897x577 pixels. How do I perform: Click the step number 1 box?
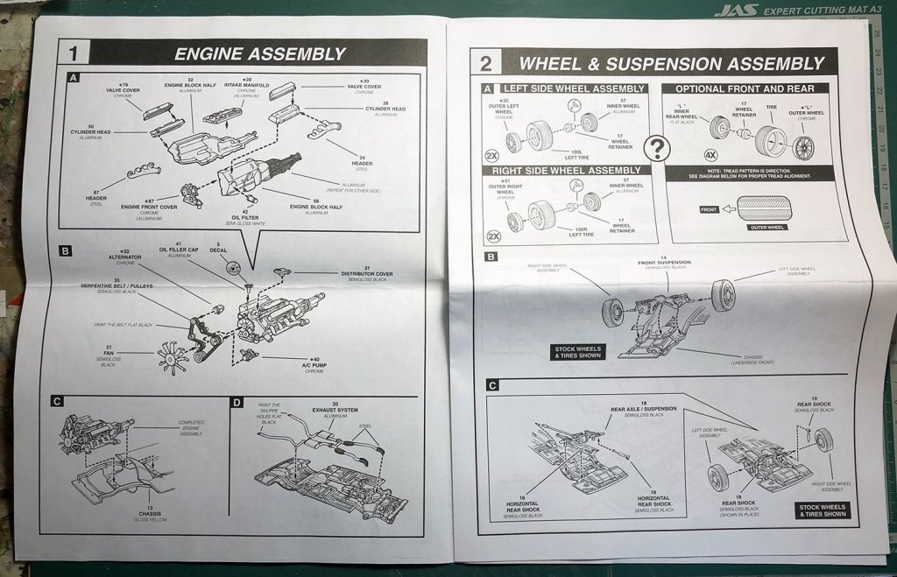pyautogui.click(x=74, y=53)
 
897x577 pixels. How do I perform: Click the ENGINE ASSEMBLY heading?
pyautogui.click(x=259, y=53)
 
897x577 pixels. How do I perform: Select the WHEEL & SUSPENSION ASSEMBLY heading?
pyautogui.click(x=671, y=63)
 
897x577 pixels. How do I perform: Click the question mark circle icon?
pyautogui.click(x=656, y=149)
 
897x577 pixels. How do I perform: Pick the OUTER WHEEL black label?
pyautogui.click(x=765, y=228)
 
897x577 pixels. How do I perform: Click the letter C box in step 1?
pyautogui.click(x=58, y=402)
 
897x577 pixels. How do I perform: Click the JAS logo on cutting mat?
pyautogui.click(x=735, y=11)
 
